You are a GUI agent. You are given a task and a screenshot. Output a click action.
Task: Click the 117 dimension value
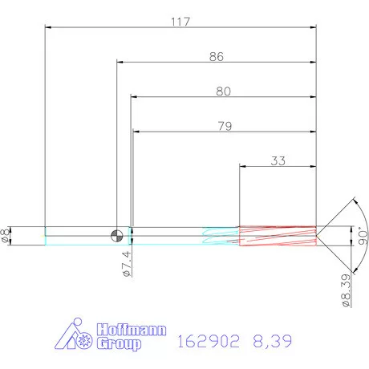click(180, 22)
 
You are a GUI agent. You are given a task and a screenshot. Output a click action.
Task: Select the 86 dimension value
click(216, 57)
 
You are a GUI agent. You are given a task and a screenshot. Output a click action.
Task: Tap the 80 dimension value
click(223, 91)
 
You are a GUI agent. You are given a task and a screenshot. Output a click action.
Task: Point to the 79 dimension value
click(224, 126)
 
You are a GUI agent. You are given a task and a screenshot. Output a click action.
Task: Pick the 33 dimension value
click(278, 160)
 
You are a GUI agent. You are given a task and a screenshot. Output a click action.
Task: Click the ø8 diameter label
click(7, 235)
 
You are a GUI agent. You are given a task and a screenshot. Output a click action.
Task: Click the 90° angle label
click(362, 233)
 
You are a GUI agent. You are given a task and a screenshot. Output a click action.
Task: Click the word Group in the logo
click(118, 343)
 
